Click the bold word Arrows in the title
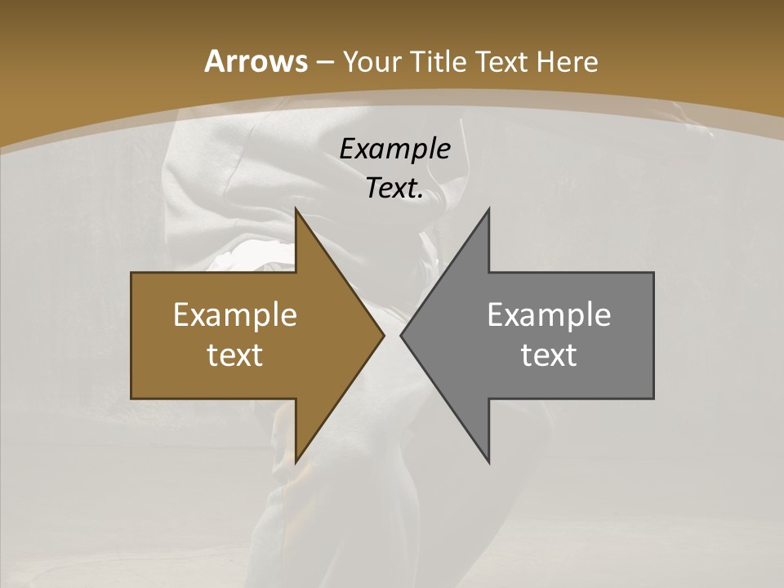click(x=255, y=62)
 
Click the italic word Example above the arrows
click(x=394, y=149)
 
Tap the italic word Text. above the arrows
click(x=394, y=188)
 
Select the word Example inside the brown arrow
click(x=235, y=315)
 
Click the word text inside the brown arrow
click(x=235, y=354)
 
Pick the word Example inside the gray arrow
click(x=549, y=315)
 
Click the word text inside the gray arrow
click(x=549, y=354)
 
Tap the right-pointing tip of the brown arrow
click(x=384, y=335)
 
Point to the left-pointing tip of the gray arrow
click(x=401, y=335)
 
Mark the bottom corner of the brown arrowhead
click(x=296, y=462)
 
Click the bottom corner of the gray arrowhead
click(x=489, y=462)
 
